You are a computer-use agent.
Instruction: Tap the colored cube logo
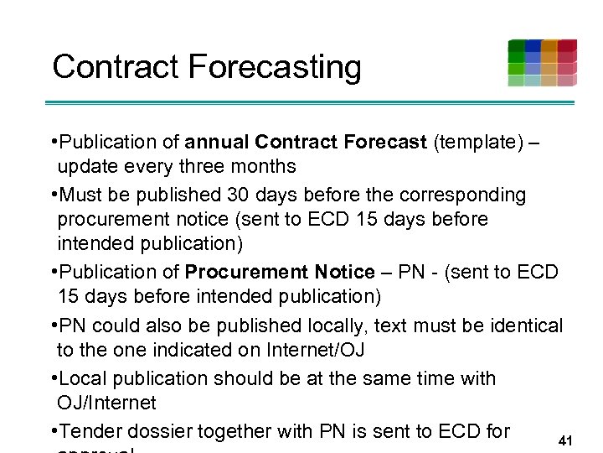[x=542, y=62]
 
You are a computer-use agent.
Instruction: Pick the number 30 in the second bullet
[x=239, y=195]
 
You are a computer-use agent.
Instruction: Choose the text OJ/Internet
[x=106, y=403]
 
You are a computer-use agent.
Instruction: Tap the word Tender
[x=87, y=431]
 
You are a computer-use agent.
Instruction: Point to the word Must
[x=81, y=195]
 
